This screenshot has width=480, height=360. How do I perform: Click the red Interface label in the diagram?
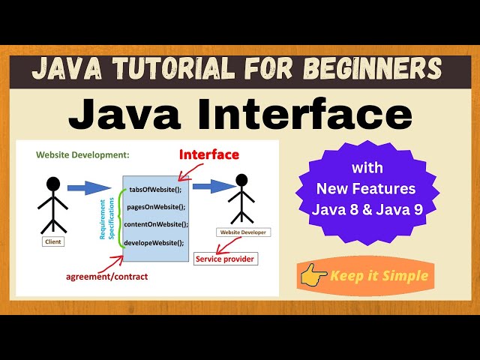209,155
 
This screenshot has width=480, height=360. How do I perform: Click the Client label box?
53,241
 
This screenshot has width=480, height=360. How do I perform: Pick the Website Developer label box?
241,232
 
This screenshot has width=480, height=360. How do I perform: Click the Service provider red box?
225,259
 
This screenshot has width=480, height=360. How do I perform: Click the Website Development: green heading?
82,155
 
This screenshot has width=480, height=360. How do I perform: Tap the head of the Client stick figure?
52,184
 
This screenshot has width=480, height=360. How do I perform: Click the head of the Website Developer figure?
241,181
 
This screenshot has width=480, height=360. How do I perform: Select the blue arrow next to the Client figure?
88,187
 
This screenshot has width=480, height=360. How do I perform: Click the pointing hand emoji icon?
313,276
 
